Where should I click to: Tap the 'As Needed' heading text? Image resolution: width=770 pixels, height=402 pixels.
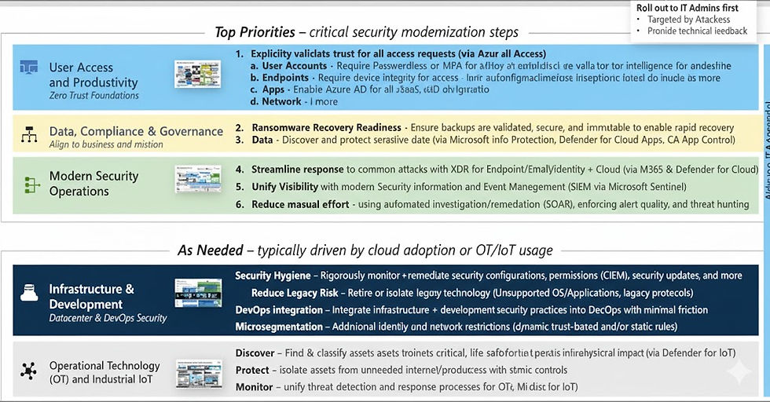pyautogui.click(x=209, y=250)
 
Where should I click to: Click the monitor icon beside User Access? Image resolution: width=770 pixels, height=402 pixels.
pyautogui.click(x=29, y=68)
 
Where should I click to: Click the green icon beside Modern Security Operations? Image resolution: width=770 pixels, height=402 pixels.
pyautogui.click(x=31, y=185)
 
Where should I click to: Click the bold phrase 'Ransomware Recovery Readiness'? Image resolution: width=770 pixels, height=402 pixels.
pyautogui.click(x=326, y=127)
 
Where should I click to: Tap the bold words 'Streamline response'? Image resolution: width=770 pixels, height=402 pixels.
pyautogui.click(x=297, y=170)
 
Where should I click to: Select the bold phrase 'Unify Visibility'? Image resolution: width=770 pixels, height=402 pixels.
pyautogui.click(x=284, y=187)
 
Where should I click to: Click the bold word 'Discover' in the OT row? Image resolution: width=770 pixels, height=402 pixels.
pyautogui.click(x=255, y=353)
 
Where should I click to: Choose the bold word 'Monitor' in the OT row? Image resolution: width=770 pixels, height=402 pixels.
pyautogui.click(x=254, y=387)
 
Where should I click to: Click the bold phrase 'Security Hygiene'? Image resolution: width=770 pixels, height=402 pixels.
pyautogui.click(x=273, y=276)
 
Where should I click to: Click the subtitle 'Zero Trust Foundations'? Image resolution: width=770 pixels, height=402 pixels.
pyautogui.click(x=93, y=96)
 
